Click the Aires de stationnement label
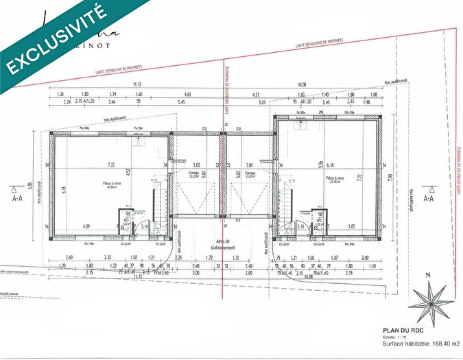point(224,245)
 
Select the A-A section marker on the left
point(16,197)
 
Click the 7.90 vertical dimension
point(390,177)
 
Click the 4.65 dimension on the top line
point(187,94)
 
